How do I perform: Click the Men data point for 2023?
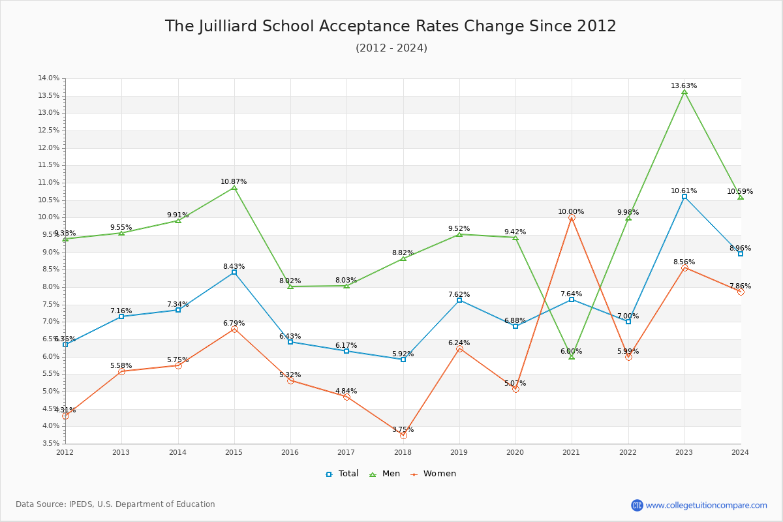pos(684,92)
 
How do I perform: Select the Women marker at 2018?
pos(403,435)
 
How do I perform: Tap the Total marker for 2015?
pos(234,272)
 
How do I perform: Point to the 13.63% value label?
pos(684,86)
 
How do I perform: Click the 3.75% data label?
pos(403,430)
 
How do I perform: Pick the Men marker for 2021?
pos(572,357)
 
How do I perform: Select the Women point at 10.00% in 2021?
pos(572,218)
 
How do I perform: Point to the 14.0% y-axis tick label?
pos(49,78)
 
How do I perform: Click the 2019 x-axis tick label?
pos(459,452)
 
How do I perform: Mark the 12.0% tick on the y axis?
pos(49,147)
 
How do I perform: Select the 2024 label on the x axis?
pos(740,452)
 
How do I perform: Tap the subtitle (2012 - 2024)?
pos(391,48)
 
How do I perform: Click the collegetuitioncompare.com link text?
pos(706,505)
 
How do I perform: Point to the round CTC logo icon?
pos(637,505)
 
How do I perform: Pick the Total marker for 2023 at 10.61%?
pos(684,196)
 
